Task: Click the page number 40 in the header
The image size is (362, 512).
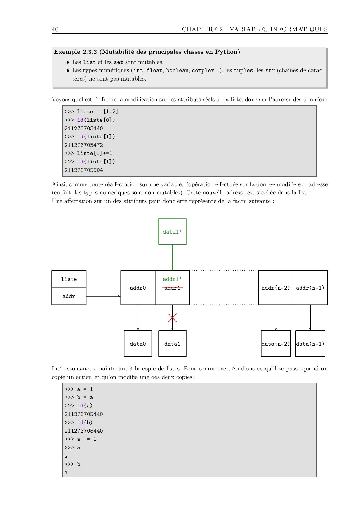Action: (55, 29)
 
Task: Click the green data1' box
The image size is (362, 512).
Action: (172, 231)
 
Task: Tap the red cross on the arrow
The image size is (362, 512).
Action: (172, 318)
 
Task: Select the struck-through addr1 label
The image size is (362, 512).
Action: (172, 288)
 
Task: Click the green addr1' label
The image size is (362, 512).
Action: (172, 279)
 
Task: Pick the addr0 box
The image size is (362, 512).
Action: (138, 288)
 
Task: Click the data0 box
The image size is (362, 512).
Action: (138, 344)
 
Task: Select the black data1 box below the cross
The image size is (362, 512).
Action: (172, 344)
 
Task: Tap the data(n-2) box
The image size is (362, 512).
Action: (276, 344)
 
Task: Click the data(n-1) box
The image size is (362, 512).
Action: (310, 344)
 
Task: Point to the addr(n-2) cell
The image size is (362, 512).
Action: (276, 288)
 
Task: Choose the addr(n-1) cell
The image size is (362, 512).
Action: (310, 288)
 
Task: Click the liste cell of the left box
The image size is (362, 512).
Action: (69, 279)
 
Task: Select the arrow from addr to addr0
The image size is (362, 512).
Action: (103, 296)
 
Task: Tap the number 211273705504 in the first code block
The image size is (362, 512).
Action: (84, 170)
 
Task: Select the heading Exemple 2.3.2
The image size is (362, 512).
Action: (75, 52)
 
